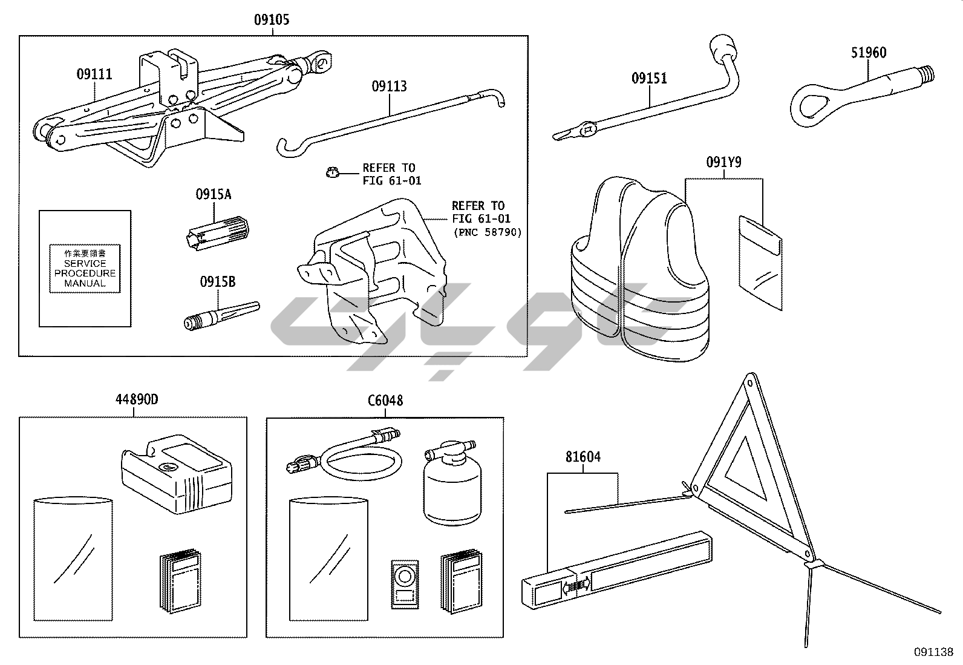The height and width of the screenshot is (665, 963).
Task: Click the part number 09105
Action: tap(272, 20)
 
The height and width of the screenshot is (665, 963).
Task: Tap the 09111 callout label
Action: tap(94, 75)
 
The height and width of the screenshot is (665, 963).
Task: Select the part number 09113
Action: tap(389, 87)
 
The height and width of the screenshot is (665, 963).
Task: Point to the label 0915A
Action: tap(213, 195)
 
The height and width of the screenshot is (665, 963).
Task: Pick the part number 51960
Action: tap(869, 53)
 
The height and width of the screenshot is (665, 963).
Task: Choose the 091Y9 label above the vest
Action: tap(723, 163)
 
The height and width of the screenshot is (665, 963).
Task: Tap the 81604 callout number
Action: tap(583, 457)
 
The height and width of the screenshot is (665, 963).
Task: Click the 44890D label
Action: tap(137, 400)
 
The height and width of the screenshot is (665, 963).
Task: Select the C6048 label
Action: tap(385, 401)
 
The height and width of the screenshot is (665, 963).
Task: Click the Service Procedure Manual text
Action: tap(85, 269)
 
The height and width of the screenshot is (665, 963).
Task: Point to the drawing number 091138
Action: tap(933, 652)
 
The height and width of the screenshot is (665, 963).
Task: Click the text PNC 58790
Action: tap(487, 232)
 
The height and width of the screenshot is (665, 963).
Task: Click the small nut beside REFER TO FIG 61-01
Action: tap(331, 173)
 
